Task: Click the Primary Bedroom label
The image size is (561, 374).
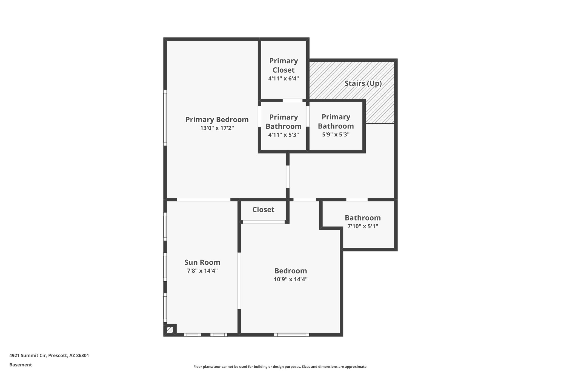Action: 217,120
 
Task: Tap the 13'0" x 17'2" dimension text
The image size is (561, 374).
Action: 217,128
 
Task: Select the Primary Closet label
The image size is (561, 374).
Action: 284,65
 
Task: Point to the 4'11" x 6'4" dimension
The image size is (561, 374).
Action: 284,79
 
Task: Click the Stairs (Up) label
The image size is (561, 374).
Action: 363,83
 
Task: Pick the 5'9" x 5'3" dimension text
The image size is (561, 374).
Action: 336,135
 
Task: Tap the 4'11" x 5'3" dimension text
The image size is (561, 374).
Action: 284,135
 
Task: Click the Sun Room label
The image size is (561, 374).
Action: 202,262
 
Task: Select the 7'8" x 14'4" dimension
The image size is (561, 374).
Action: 202,271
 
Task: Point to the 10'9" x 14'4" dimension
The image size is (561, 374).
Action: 291,279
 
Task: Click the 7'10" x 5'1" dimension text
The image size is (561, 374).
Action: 363,226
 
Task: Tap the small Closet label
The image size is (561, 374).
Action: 263,210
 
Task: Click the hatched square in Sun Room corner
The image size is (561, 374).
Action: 170,330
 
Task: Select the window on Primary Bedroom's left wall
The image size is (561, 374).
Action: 165,118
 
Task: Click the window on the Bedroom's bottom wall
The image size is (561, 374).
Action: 291,335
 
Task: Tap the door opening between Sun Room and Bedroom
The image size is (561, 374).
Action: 239,281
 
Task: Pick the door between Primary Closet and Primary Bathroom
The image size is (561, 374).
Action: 293,101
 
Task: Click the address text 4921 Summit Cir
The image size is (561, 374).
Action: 49,356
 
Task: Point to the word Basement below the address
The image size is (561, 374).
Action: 21,365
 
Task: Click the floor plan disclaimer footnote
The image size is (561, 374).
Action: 280,367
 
